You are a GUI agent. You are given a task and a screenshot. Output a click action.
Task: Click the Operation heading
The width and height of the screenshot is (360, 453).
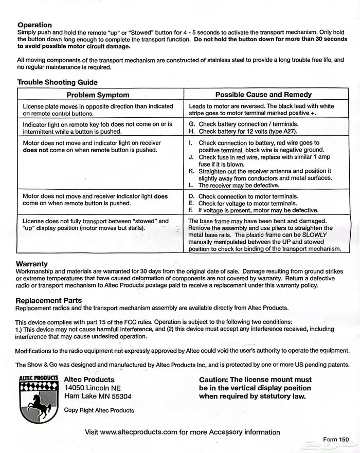pyautogui.click(x=34, y=25)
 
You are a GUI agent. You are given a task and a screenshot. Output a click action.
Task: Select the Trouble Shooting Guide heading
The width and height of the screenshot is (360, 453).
pyautogui.click(x=57, y=82)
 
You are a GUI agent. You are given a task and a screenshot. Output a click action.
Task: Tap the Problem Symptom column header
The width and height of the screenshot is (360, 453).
pyautogui.click(x=98, y=95)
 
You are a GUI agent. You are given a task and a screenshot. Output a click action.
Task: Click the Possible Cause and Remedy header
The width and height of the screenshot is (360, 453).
pyautogui.click(x=263, y=95)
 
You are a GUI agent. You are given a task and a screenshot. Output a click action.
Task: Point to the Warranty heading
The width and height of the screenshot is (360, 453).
pyautogui.click(x=32, y=264)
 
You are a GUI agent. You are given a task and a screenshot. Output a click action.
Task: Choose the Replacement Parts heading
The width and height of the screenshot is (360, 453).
pyautogui.click(x=49, y=300)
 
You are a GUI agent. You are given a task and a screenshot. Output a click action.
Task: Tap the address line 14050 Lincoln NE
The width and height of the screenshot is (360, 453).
pyautogui.click(x=93, y=388)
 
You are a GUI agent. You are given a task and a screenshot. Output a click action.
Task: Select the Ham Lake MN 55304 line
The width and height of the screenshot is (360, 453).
pyautogui.click(x=98, y=396)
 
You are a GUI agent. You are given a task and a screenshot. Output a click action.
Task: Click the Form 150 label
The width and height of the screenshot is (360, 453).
pyautogui.click(x=336, y=440)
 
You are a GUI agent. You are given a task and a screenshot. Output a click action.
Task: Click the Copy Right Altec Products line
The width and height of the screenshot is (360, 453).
pyautogui.click(x=99, y=410)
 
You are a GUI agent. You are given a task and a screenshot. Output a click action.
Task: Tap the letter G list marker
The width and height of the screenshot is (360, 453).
pyautogui.click(x=191, y=124)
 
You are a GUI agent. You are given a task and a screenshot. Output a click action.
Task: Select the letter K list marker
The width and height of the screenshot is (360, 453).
pyautogui.click(x=191, y=171)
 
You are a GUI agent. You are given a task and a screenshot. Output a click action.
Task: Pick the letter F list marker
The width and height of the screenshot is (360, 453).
pyautogui.click(x=191, y=210)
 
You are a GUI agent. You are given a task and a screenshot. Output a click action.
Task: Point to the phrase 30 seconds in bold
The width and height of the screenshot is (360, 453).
pyautogui.click(x=326, y=39)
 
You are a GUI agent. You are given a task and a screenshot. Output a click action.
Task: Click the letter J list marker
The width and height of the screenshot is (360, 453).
pyautogui.click(x=191, y=157)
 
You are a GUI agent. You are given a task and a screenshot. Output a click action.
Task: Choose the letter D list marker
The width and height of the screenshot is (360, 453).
pyautogui.click(x=191, y=196)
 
